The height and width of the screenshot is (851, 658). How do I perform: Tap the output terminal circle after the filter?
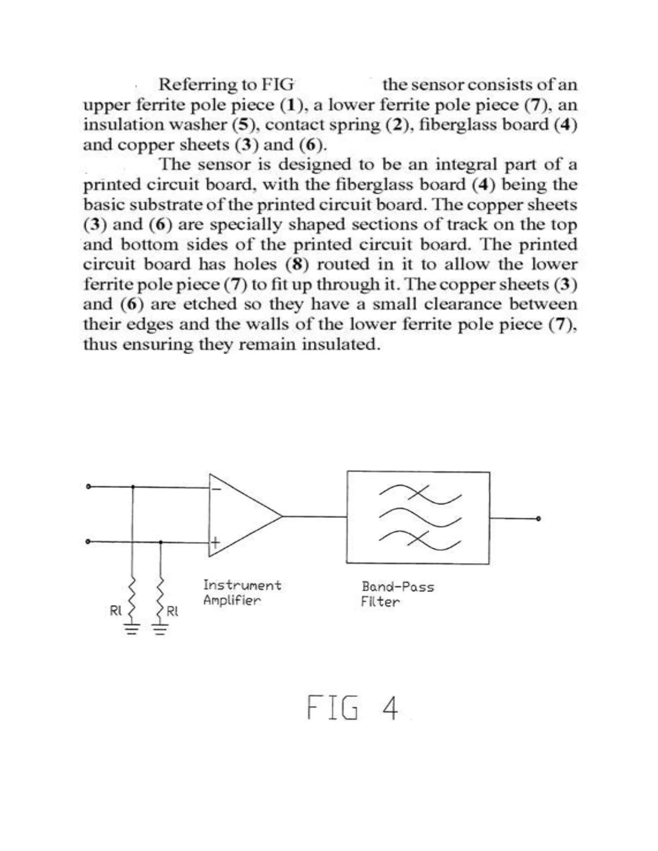tap(539, 519)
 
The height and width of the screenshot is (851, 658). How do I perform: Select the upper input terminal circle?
tap(88, 486)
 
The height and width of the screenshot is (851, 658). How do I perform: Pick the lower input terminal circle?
tap(88, 541)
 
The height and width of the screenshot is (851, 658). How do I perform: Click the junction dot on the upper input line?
tap(133, 487)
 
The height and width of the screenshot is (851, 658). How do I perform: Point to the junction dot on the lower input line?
tap(161, 542)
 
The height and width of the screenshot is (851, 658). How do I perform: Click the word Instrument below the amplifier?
tap(242, 585)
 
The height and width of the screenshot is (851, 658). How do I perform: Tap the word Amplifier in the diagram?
tap(232, 601)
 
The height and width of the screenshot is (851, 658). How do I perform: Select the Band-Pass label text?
tap(397, 587)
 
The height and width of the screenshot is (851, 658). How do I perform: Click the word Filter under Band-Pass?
tap(380, 602)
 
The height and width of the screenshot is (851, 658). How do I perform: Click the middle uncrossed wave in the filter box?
tap(420, 517)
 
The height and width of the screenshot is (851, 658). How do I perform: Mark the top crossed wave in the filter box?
tap(420, 494)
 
